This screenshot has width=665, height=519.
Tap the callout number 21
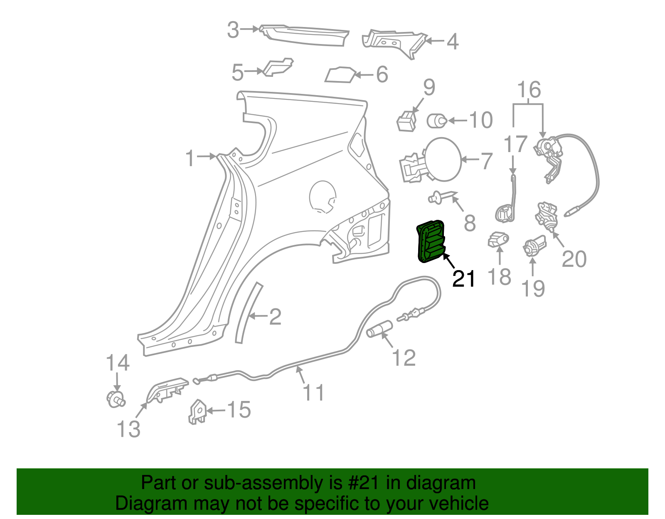[x=463, y=279]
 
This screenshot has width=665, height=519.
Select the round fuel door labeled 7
[x=443, y=160]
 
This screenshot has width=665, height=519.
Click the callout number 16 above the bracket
[x=529, y=90]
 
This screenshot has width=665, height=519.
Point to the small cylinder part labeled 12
[x=379, y=329]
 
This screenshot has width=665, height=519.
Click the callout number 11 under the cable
[x=313, y=393]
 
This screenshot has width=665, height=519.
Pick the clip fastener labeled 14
[x=115, y=399]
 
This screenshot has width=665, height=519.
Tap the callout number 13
[x=128, y=429]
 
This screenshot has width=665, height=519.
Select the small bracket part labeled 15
[x=197, y=412]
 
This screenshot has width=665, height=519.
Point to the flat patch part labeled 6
[x=340, y=75]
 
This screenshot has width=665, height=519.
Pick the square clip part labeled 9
[x=406, y=121]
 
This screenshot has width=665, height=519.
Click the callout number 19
[x=533, y=288]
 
